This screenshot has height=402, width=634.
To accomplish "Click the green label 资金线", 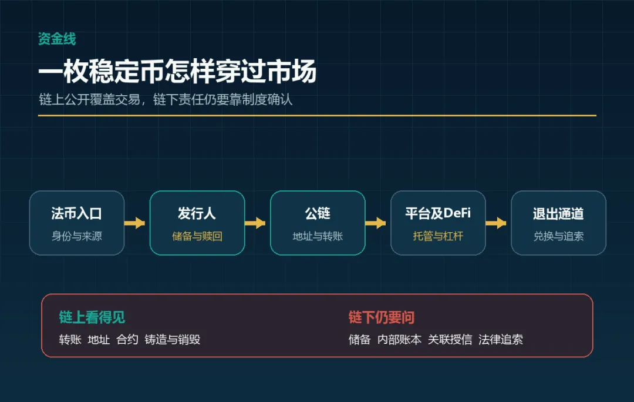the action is [57, 39].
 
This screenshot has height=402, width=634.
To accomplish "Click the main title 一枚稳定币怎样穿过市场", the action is [177, 71].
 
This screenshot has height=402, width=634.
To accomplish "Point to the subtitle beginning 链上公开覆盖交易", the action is [166, 99].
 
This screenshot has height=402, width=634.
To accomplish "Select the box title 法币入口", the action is [76, 213].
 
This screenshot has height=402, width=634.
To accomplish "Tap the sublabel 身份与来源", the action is [76, 236].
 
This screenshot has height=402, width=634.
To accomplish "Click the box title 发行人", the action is [197, 213].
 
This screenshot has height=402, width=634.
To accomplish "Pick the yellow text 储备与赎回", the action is [197, 236].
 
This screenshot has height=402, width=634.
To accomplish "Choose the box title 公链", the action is [318, 213].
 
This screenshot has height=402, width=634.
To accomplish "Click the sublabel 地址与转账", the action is [318, 236].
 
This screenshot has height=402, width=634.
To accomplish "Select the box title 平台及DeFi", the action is [438, 213].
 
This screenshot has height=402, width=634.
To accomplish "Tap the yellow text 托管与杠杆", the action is [438, 236].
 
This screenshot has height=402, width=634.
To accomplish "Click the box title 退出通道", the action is [558, 213].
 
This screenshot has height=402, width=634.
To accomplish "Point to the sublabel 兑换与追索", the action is [558, 236].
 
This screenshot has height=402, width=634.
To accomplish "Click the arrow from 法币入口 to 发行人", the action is [134, 223].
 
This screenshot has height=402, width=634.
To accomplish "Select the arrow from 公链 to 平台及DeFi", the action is [376, 223].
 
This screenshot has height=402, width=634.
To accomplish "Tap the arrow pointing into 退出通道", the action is [496, 223].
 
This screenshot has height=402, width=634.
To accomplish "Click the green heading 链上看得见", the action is [92, 317].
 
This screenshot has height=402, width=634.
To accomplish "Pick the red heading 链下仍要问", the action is [382, 317].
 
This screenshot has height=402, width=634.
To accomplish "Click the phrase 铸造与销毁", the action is [172, 339].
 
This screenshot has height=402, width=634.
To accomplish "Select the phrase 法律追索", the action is [501, 339].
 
